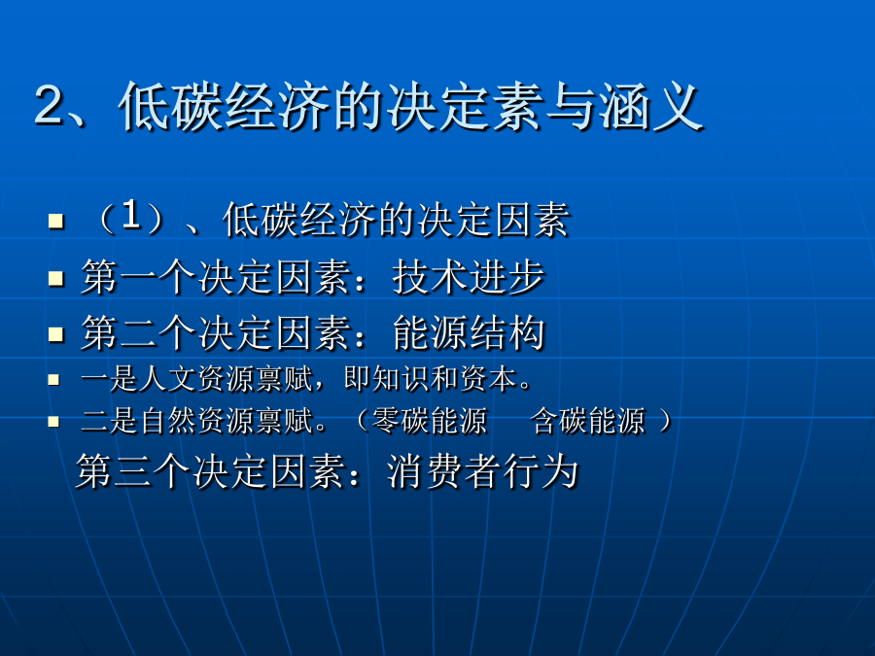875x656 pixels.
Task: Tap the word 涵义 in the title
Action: pos(650,106)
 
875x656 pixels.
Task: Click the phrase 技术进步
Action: pos(469,276)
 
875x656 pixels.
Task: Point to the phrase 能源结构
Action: pos(469,332)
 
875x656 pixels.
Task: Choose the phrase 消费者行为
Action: pos(482,470)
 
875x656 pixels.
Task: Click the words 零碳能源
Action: pos(430,421)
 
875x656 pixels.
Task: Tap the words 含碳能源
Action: pos(587,421)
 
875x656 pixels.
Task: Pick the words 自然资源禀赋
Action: pos(226,421)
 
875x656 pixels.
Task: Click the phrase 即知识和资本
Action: pos(431,379)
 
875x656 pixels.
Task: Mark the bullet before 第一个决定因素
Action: pos(56,277)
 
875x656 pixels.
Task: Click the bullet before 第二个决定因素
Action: pos(56,334)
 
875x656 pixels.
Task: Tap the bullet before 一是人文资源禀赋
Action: pos(53,380)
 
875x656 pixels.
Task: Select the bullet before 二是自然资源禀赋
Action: pos(53,421)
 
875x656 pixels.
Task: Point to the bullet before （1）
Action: pos(56,221)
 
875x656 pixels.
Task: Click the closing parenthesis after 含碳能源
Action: pos(666,421)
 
